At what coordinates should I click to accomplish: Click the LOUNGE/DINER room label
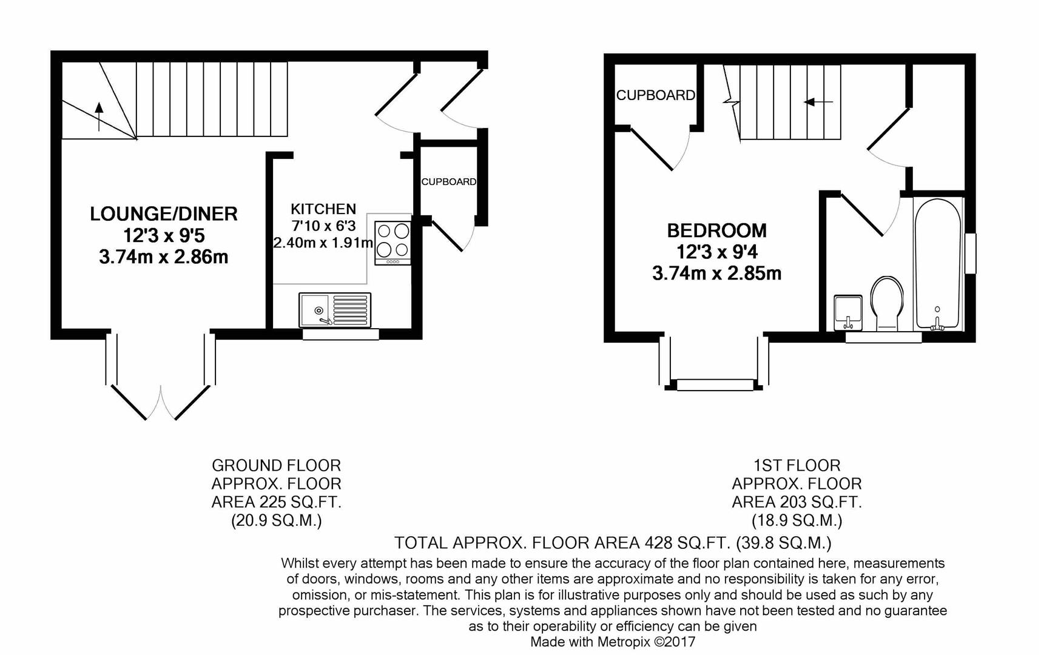tap(164, 213)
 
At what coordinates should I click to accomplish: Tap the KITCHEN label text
tap(323, 209)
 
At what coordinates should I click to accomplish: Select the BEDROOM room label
tap(716, 230)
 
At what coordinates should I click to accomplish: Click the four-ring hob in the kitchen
tap(393, 243)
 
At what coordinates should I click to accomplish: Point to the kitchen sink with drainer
tap(335, 309)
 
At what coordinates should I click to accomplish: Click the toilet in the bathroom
tap(887, 303)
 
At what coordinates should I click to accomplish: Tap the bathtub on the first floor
tap(938, 264)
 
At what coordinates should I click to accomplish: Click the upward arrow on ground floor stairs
tap(99, 116)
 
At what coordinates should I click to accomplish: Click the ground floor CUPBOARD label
tap(449, 182)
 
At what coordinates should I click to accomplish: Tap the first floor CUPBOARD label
tap(656, 95)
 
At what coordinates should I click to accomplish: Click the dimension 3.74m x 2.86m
tap(164, 257)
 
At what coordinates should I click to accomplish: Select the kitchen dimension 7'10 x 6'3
tap(323, 226)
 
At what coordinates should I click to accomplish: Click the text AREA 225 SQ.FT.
tap(276, 502)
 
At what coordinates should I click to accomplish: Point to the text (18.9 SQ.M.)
tap(797, 520)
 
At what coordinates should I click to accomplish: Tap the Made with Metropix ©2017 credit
tap(613, 642)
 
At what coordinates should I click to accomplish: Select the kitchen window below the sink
tap(340, 334)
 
